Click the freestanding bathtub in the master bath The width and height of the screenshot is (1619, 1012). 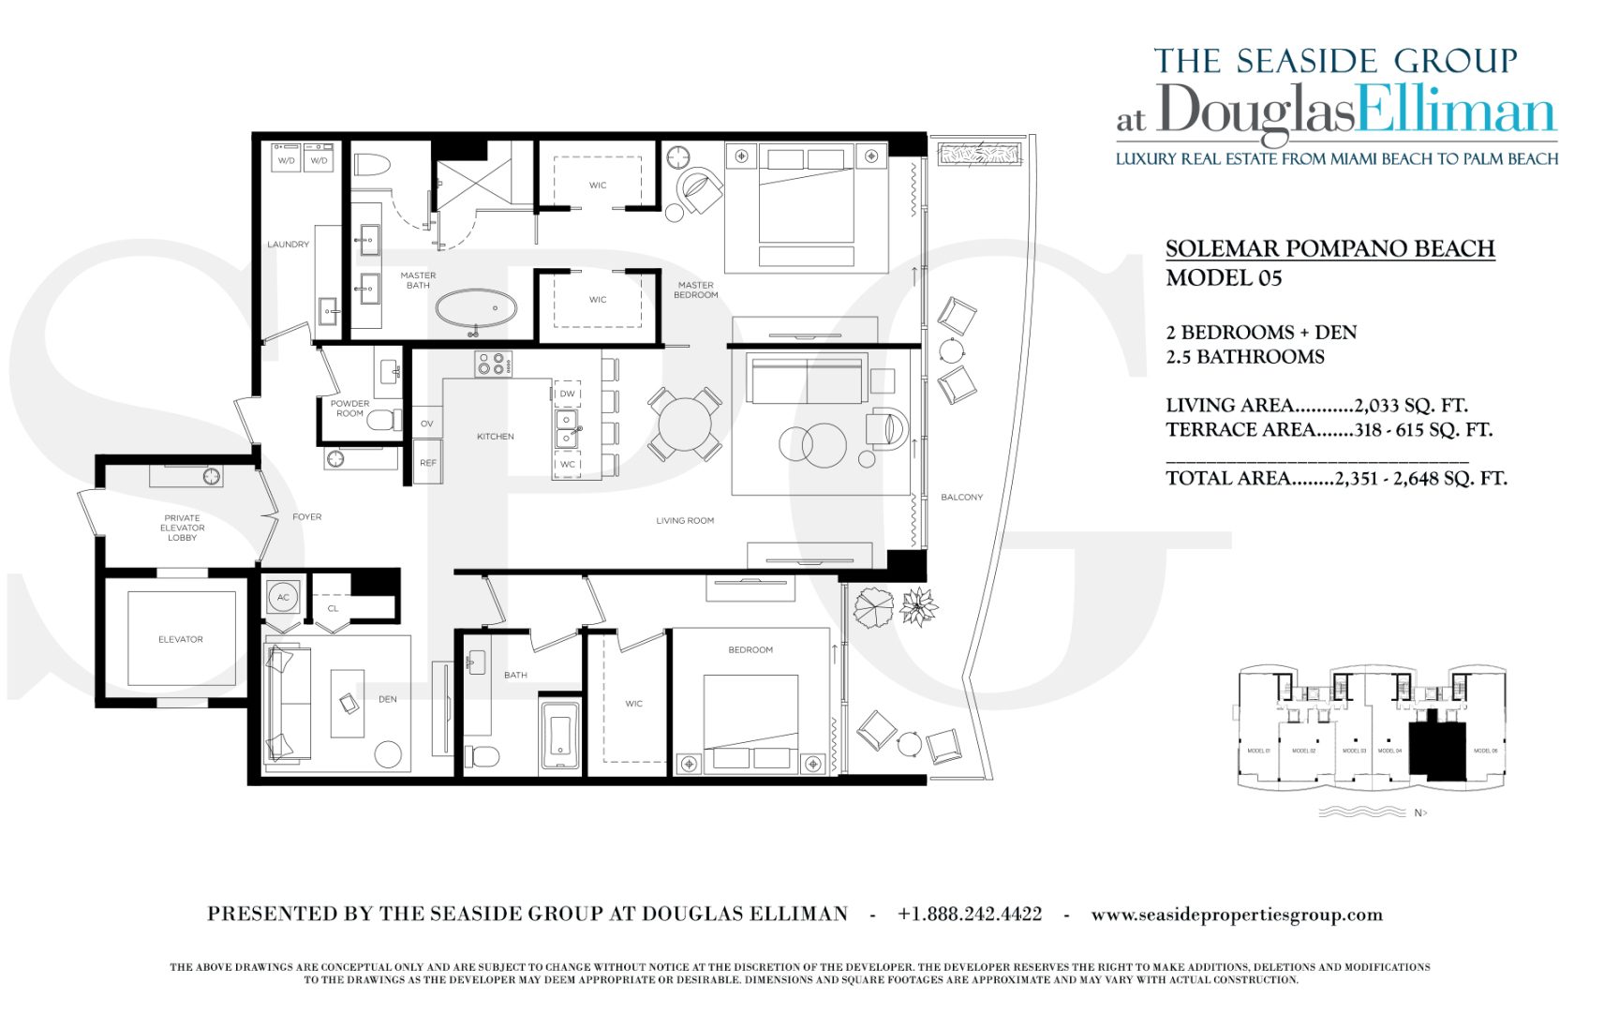(476, 307)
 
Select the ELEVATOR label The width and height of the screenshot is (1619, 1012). (181, 639)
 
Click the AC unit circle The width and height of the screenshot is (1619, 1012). (283, 597)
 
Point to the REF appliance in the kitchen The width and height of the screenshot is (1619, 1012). (428, 463)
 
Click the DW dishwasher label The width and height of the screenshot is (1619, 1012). (568, 394)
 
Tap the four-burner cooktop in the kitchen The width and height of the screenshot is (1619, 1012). (493, 364)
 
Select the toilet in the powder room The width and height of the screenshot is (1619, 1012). (383, 421)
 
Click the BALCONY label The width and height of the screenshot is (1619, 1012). (962, 497)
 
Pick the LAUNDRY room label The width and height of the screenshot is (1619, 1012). (288, 245)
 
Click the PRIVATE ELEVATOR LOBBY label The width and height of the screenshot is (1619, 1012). (182, 528)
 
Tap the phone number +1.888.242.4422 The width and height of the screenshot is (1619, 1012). (970, 914)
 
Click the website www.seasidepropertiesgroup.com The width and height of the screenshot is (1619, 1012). (1237, 915)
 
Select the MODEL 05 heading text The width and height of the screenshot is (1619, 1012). (1224, 278)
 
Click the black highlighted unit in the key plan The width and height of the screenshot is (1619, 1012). (1436, 748)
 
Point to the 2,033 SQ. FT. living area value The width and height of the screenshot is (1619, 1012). (1411, 406)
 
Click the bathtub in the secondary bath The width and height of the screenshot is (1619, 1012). (560, 736)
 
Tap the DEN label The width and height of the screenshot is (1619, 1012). (388, 699)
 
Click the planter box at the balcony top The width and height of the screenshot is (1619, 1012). (979, 154)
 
